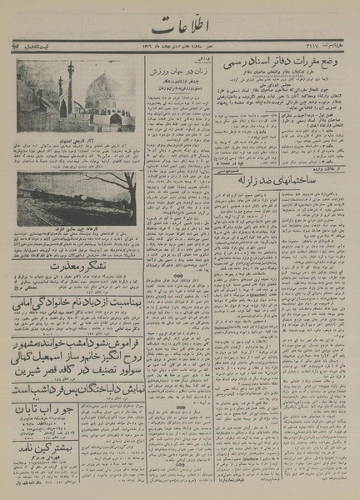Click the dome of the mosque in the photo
pyautogui.click(x=105, y=91)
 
